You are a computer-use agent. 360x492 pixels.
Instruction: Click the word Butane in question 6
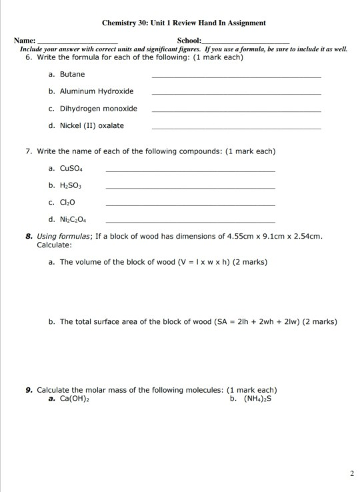71,74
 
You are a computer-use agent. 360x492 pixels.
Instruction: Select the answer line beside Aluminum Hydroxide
236,94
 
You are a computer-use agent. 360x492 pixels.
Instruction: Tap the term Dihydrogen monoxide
98,108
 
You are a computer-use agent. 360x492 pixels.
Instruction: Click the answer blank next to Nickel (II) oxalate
236,128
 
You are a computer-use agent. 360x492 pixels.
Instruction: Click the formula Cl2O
67,202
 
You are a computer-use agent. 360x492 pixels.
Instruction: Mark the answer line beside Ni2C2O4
190,221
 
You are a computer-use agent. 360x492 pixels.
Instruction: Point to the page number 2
351,473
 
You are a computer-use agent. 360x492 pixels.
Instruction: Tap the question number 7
29,151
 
